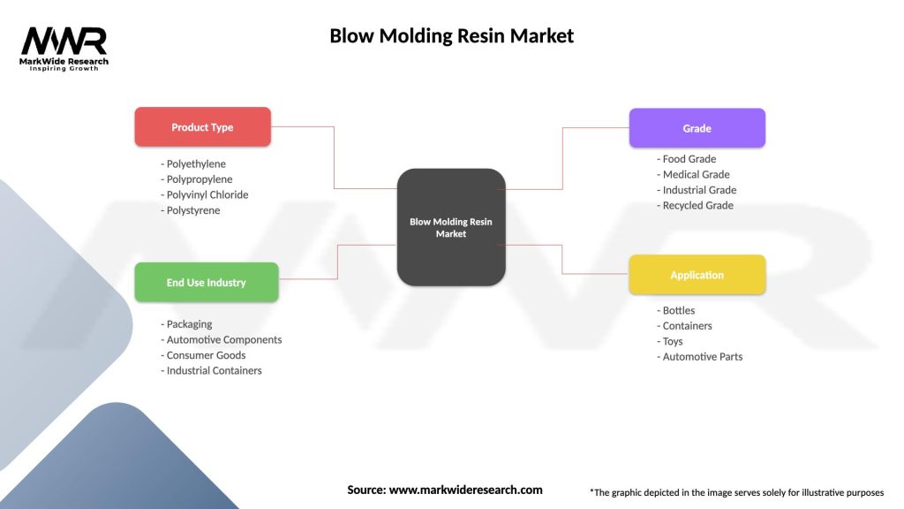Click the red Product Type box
point(202,127)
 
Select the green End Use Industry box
point(206,283)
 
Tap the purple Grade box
point(697,128)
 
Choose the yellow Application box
point(697,275)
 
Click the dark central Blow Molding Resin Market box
point(451,227)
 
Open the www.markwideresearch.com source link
point(465,490)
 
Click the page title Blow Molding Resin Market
point(451,36)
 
